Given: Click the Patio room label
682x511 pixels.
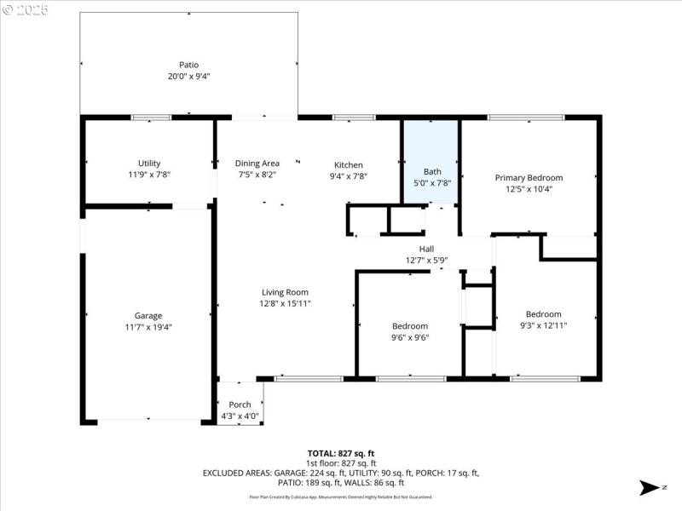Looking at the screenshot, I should (x=188, y=65).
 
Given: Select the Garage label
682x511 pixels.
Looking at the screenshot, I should (x=147, y=315).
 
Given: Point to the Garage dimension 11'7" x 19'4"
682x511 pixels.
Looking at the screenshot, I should (x=147, y=326).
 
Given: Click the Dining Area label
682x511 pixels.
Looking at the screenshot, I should (x=257, y=164).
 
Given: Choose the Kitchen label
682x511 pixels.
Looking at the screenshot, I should (x=348, y=165).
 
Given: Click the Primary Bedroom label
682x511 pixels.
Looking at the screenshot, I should (x=529, y=178).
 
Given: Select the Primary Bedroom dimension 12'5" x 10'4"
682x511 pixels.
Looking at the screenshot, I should (x=529, y=189).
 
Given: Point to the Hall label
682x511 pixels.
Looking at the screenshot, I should (x=426, y=249).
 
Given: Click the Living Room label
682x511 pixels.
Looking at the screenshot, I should (x=285, y=292).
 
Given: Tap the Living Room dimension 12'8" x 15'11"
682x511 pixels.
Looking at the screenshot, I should (x=285, y=303).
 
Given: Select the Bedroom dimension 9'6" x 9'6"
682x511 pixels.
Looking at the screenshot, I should (x=410, y=337).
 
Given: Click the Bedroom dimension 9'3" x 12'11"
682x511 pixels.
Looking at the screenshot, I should (x=543, y=324).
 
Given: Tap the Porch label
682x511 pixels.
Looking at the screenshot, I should (x=240, y=405).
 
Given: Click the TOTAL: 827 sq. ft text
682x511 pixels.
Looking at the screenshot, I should (x=341, y=453).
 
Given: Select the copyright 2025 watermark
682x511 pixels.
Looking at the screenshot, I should (x=26, y=9).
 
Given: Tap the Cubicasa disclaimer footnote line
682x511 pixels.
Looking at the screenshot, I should (x=341, y=497).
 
